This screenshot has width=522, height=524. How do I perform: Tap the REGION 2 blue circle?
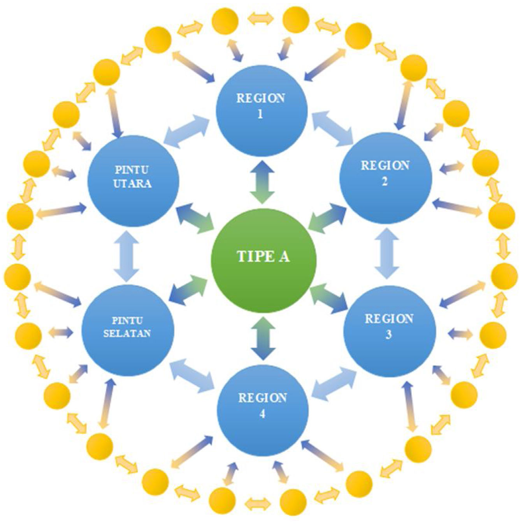coord(386,178)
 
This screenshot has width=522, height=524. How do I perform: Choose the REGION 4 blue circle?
coord(263,411)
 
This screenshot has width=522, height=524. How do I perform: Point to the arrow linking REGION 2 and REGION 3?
coord(388,254)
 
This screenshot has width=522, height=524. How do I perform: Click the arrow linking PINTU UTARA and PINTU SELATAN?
coord(127,255)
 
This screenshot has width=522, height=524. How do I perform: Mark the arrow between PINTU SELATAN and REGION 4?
coord(193,376)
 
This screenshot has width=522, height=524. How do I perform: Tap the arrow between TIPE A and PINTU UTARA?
coord(195,218)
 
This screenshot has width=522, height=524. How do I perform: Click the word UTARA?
coord(132,183)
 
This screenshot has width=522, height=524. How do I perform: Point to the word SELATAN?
coord(127,333)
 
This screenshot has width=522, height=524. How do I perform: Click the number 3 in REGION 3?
coord(388,335)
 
